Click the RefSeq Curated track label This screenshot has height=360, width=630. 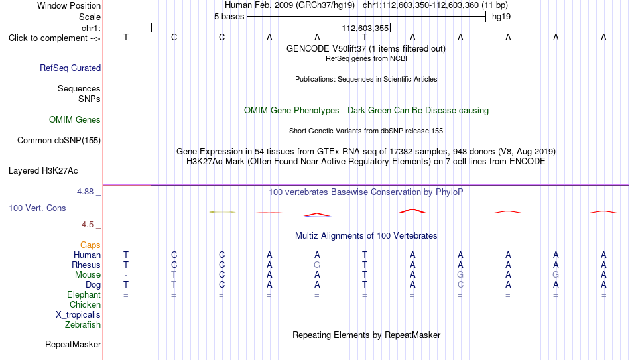pos(70,68)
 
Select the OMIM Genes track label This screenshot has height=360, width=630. pos(75,120)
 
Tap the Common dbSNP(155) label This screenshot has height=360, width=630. pos(59,141)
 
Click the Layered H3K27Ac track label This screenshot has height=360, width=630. pos(43,171)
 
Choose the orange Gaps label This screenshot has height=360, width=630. pos(90,245)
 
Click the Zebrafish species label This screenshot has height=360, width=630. pos(83,325)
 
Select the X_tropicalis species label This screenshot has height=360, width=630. pos(78,315)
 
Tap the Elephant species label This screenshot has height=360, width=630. pos(84,295)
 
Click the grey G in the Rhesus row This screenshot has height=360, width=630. pos(317,265)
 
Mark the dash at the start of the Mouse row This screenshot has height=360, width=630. pos(126,275)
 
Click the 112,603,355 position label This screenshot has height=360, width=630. pos(365,28)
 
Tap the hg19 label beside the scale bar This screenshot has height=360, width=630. pos(501,17)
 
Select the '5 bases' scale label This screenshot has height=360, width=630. pos(229,17)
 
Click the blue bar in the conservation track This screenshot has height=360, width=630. pos(318,217)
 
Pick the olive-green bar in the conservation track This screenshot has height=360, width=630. pos(222,212)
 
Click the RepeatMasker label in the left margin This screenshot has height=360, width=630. pos(73,344)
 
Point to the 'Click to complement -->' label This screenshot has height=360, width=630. pos(54,38)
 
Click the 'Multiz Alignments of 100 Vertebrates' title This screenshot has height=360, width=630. pos(366,236)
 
